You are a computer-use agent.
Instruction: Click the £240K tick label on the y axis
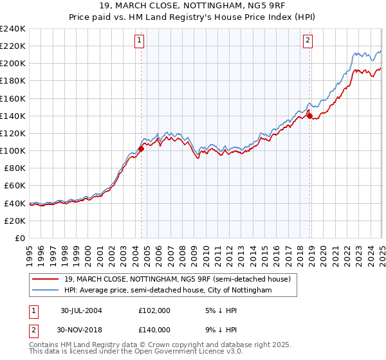click(x=13, y=29)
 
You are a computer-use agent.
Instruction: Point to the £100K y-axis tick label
click(x=13, y=150)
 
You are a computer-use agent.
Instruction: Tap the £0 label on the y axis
click(x=20, y=238)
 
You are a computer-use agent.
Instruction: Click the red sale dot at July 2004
click(x=141, y=148)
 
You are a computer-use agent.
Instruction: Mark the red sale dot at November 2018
click(x=309, y=116)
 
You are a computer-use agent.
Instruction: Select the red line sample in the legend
click(x=46, y=280)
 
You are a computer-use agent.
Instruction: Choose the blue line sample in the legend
click(x=46, y=291)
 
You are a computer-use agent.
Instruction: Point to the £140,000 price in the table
click(x=154, y=329)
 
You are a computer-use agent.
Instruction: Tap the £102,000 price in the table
click(x=154, y=310)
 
